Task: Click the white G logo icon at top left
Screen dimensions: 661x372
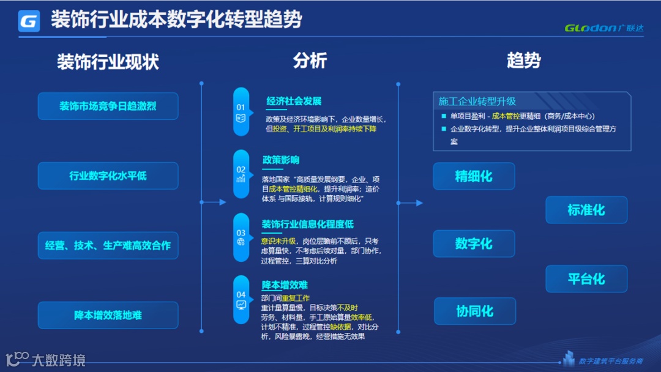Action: (x=29, y=21)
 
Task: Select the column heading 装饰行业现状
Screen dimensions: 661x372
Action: (x=108, y=62)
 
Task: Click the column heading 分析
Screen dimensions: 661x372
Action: (x=310, y=61)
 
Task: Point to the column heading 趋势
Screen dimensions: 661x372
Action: (x=524, y=61)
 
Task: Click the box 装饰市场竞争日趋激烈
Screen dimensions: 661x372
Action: (x=108, y=106)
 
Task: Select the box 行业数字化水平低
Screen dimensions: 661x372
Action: (x=108, y=176)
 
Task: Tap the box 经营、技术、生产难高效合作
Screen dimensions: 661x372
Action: (x=108, y=245)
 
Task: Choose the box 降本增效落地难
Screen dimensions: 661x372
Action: (x=108, y=315)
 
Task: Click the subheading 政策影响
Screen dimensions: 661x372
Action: (x=281, y=160)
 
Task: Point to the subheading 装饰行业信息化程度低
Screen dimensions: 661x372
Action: (x=307, y=224)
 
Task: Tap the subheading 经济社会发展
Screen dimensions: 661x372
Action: (x=294, y=101)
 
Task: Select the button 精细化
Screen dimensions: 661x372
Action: (x=474, y=176)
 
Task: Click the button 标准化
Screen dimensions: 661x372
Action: (x=586, y=210)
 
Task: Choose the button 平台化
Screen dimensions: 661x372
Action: (x=586, y=279)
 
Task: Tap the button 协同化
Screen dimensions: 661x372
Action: (x=475, y=311)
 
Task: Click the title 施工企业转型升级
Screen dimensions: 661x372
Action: (x=477, y=102)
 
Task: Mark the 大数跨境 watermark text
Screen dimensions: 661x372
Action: (x=58, y=360)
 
